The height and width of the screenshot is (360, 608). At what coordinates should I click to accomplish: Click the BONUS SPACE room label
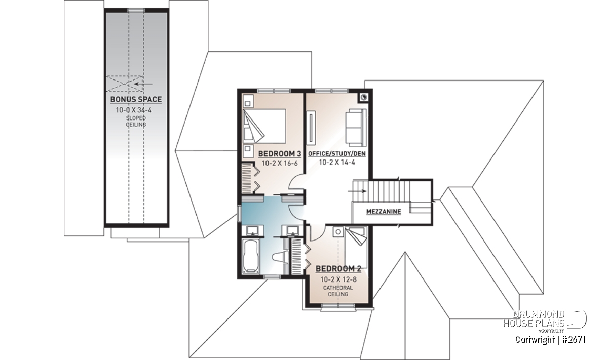coord(136,100)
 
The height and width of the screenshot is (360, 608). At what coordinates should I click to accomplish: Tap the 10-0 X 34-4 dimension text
coord(134,110)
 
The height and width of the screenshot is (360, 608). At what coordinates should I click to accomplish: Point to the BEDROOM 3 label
coord(280,154)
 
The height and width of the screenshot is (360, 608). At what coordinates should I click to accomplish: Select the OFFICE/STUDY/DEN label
coord(337,154)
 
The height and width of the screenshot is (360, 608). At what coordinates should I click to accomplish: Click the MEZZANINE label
coord(384,211)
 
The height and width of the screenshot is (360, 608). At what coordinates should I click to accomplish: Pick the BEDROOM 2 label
coord(338,269)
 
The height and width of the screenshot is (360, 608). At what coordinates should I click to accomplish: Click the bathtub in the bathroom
coord(250,256)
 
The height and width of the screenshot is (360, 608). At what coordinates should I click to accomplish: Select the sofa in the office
coord(356,127)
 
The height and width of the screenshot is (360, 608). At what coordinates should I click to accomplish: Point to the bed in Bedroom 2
coord(356,248)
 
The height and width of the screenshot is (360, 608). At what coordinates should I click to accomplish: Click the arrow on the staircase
coord(357,191)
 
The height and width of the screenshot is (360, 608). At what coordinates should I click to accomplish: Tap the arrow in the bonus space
coord(143,84)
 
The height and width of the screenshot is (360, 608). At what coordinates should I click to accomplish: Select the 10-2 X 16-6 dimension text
coord(280,163)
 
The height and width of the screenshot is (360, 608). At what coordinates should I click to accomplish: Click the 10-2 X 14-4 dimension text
coord(337,162)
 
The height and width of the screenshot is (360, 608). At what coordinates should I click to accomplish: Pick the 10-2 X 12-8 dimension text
coord(338,279)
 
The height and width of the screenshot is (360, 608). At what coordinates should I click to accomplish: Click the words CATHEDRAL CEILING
coord(338,291)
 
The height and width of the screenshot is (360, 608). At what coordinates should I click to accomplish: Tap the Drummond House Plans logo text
coord(534,319)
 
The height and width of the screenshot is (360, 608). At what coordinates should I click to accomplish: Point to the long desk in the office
coord(311,128)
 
